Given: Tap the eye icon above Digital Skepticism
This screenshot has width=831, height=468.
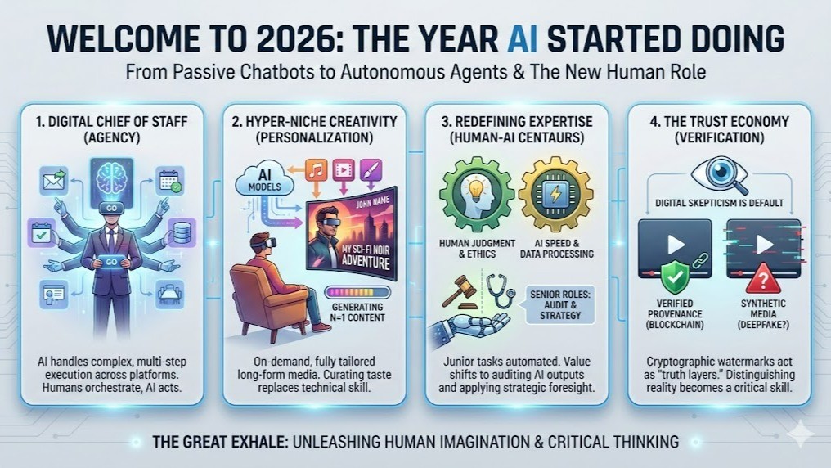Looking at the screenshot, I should coord(719,173).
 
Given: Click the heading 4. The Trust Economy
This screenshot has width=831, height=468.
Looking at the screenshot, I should coord(719,122).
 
